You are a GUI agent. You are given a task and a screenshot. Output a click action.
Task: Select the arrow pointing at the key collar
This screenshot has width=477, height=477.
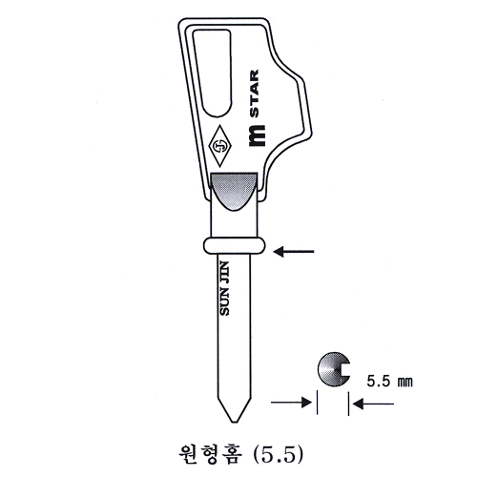pos(294,251)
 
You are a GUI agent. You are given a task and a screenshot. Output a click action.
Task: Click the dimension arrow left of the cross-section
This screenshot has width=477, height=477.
pos(293,404)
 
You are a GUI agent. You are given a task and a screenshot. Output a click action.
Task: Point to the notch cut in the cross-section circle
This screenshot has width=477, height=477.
pos(343,369)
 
